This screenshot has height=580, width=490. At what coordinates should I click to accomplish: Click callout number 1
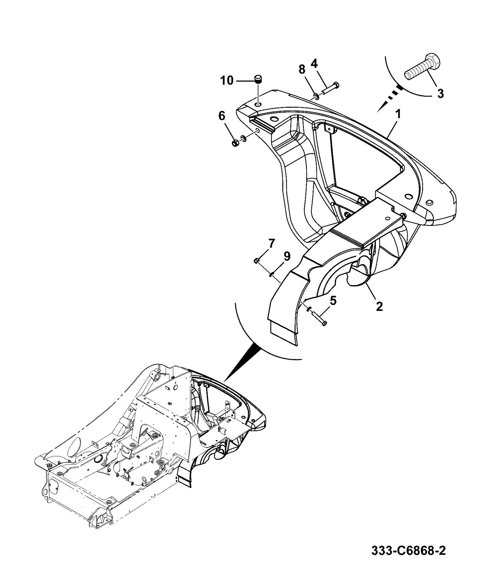tap(398, 115)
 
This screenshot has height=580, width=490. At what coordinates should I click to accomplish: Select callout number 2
tap(379, 306)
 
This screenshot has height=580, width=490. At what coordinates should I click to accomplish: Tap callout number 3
tap(440, 93)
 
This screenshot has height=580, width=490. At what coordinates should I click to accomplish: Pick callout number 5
tap(333, 301)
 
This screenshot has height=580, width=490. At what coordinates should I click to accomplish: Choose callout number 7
tap(271, 244)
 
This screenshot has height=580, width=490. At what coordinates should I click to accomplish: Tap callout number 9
tap(286, 256)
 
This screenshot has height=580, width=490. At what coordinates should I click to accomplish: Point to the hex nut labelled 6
tap(234, 143)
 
